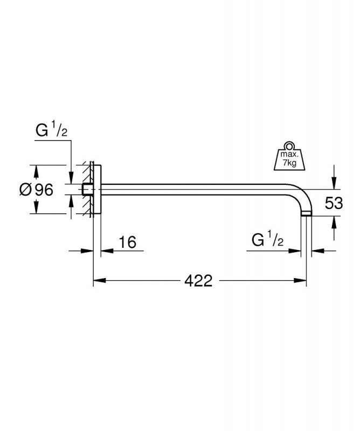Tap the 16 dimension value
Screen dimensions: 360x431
click(127, 242)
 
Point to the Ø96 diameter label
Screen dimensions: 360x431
click(37, 190)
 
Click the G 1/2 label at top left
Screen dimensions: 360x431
click(52, 131)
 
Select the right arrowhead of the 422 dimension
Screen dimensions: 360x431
click(302, 281)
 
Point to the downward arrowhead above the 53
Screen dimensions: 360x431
click(334, 184)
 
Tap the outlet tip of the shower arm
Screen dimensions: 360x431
click(306, 214)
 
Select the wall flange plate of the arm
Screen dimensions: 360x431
click(97, 189)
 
